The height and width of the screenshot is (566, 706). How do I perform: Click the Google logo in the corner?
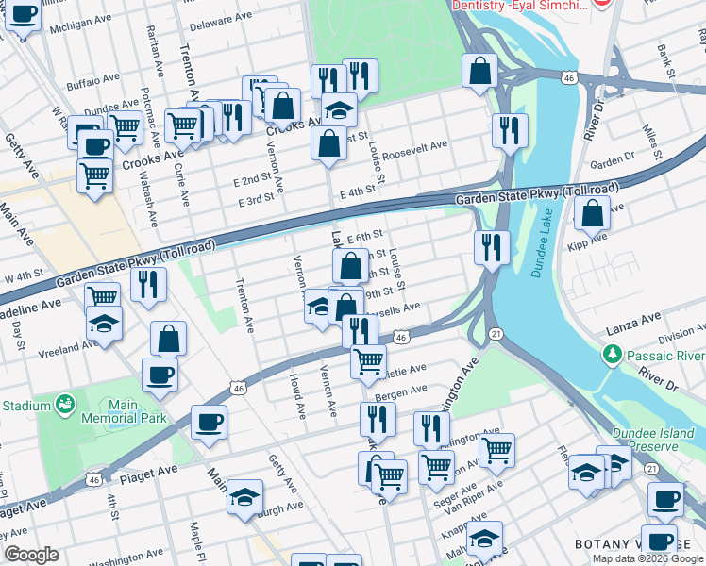click(32, 556)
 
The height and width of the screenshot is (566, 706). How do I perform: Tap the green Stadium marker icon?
click(65, 406)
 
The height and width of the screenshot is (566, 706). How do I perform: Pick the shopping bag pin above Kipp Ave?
click(592, 213)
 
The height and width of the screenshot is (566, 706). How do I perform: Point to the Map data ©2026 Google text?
click(647, 558)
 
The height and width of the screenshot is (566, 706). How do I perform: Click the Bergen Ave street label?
click(401, 389)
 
